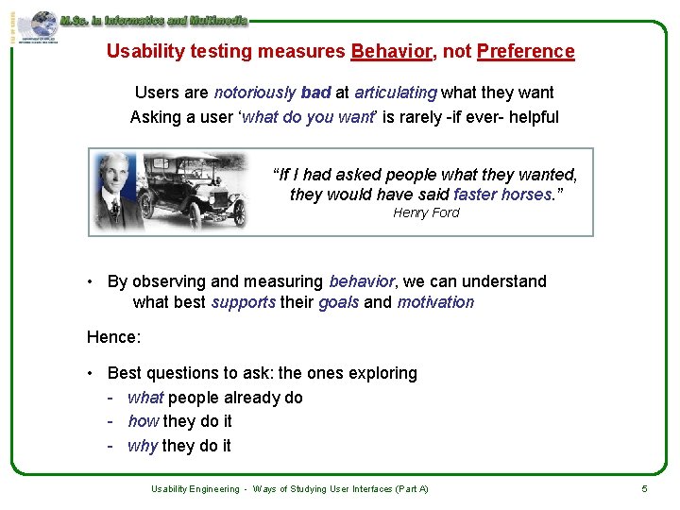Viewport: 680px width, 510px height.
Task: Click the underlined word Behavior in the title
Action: pyautogui.click(x=390, y=52)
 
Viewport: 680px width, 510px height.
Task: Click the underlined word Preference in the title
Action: pyautogui.click(x=525, y=52)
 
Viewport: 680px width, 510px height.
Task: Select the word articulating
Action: pyautogui.click(x=396, y=93)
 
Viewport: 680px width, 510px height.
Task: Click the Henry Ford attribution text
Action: pyautogui.click(x=426, y=212)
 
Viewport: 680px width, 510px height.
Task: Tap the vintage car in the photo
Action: pyautogui.click(x=194, y=194)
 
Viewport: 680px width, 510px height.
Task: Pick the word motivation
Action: pyautogui.click(x=435, y=302)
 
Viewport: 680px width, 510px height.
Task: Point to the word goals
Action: pyautogui.click(x=338, y=302)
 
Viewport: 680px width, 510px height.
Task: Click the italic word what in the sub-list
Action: pyautogui.click(x=145, y=398)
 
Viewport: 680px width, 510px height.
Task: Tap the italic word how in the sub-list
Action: pyautogui.click(x=144, y=421)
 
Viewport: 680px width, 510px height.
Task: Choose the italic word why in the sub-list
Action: pyautogui.click(x=143, y=446)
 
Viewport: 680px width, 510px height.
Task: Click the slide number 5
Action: pyautogui.click(x=644, y=488)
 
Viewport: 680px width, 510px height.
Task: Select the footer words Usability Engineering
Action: pyautogui.click(x=195, y=488)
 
